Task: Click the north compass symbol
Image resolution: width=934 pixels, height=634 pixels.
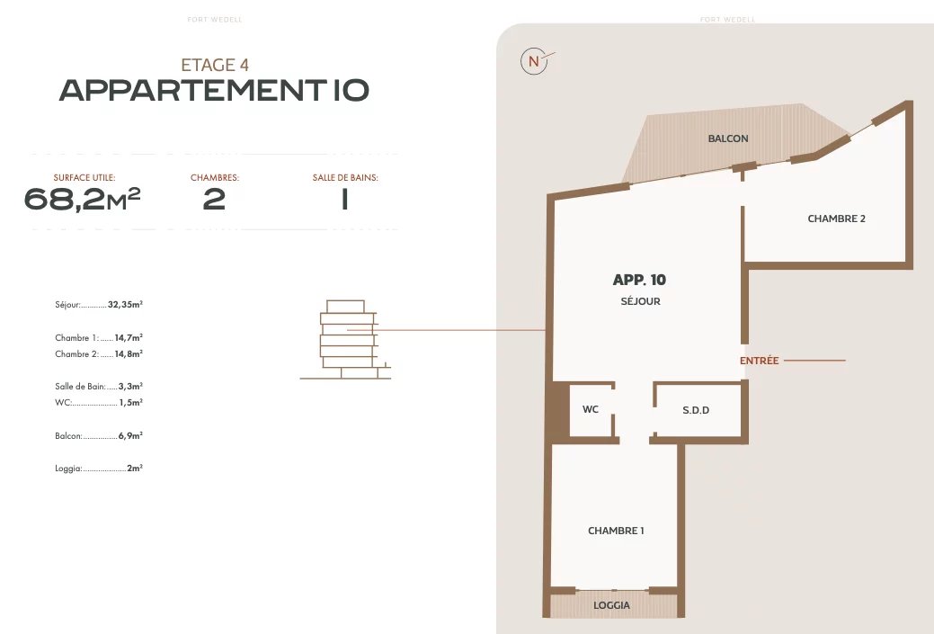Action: pos(534,61)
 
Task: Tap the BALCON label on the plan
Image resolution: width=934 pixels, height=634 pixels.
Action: pos(728,138)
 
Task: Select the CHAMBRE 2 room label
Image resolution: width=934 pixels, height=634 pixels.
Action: pos(836,219)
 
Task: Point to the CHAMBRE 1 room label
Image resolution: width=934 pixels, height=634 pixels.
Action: pos(616,531)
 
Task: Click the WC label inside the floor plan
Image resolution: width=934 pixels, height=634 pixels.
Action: pos(591,409)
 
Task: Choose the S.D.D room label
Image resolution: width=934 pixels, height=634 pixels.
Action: pos(696,410)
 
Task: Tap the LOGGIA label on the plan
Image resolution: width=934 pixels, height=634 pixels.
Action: pos(611,605)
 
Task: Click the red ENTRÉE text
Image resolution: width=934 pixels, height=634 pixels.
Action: pos(759,361)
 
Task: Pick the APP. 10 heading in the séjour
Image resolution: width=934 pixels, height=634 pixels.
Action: pos(639,280)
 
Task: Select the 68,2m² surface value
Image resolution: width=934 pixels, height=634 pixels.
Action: pos(82,199)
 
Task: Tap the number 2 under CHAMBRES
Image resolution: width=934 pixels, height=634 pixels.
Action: pos(215,199)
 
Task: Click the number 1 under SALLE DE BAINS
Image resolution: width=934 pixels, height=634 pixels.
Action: pos(345,199)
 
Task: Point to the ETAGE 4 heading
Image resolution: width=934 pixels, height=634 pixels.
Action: pos(215,65)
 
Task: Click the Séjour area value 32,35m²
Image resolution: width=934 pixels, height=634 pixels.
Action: pos(125,305)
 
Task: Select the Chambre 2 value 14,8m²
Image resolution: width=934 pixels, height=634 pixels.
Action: pos(129,354)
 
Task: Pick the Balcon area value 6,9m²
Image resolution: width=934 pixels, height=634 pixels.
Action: pos(130,435)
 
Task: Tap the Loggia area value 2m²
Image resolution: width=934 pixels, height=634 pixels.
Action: pos(135,469)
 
